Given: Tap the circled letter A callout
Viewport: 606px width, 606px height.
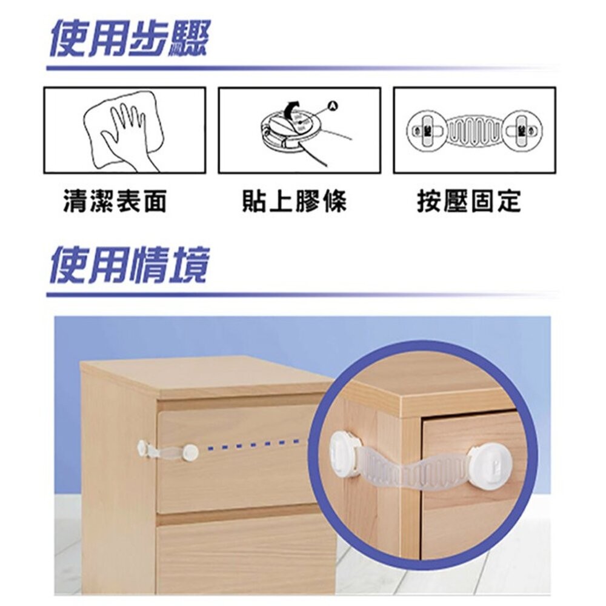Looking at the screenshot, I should tap(331, 107).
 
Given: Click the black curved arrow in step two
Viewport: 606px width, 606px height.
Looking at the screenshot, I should tap(293, 110).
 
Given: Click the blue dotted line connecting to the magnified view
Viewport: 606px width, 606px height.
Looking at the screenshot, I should tap(255, 449).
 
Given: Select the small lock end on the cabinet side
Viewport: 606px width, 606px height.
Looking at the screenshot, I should tap(144, 448).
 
